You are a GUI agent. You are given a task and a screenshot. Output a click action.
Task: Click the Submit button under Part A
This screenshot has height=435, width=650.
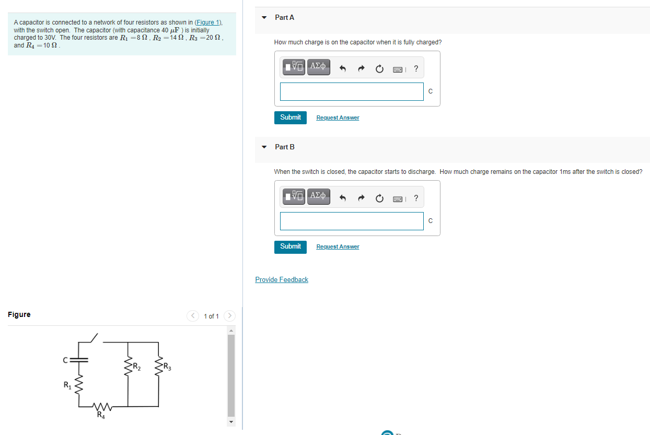click(x=290, y=117)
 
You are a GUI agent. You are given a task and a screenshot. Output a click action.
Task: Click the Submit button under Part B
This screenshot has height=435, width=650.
click(x=290, y=246)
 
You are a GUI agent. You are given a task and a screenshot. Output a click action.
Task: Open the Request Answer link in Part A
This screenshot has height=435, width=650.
click(x=338, y=118)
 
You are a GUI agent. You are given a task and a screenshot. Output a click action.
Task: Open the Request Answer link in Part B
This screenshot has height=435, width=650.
click(x=338, y=246)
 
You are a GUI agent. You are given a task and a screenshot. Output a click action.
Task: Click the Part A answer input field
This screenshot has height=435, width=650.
click(x=351, y=91)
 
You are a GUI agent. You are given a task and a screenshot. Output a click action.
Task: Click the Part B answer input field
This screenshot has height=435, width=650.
click(x=351, y=221)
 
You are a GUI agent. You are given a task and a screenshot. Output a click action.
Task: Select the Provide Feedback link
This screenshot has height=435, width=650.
click(x=281, y=280)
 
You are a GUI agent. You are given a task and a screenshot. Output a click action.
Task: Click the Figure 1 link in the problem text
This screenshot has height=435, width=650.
click(x=208, y=22)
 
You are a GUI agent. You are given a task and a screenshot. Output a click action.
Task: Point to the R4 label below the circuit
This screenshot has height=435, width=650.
click(x=100, y=416)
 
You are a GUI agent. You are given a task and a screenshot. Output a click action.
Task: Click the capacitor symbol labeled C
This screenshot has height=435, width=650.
click(x=79, y=360)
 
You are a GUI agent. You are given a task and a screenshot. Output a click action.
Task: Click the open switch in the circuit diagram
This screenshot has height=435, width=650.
click(x=92, y=338)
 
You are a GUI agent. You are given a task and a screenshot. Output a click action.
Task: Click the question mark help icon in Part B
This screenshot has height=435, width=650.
click(x=416, y=198)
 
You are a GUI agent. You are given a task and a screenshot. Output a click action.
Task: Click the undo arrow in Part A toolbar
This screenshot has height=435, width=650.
click(x=343, y=68)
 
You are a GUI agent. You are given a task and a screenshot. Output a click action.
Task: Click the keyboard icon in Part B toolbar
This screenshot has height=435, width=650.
click(x=398, y=198)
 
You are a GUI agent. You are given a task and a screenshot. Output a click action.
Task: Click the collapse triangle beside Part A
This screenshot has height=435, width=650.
click(x=264, y=18)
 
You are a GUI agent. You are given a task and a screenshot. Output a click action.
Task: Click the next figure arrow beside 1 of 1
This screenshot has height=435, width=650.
click(x=229, y=316)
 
